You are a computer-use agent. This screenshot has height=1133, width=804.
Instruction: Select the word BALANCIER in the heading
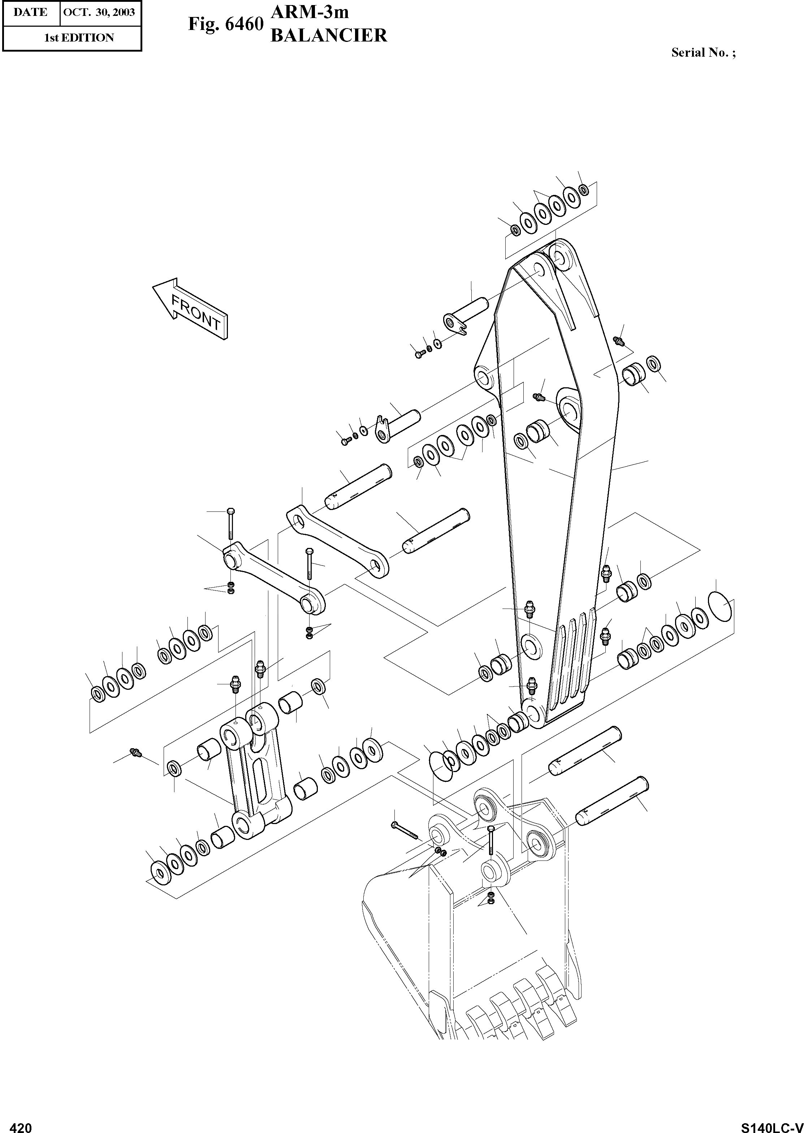(328, 36)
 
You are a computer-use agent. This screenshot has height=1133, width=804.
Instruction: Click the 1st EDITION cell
(79, 38)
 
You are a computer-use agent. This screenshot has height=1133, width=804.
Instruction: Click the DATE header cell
(30, 12)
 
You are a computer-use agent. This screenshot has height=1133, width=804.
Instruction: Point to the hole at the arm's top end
(561, 257)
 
